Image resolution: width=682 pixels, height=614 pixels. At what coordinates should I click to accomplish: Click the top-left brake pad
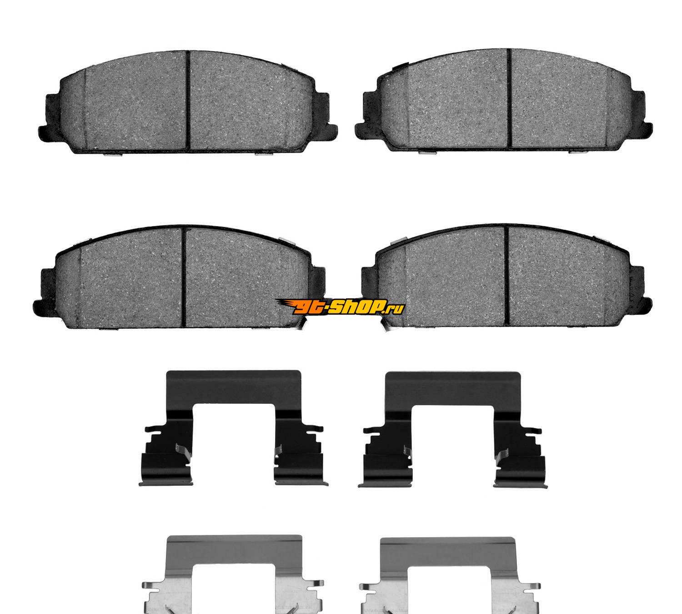(x=188, y=102)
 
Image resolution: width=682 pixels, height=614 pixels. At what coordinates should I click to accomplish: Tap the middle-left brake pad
(x=180, y=277)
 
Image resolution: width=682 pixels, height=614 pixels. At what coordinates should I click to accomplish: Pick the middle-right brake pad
(x=506, y=276)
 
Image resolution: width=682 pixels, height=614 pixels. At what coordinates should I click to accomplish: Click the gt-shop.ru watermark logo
(x=340, y=306)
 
